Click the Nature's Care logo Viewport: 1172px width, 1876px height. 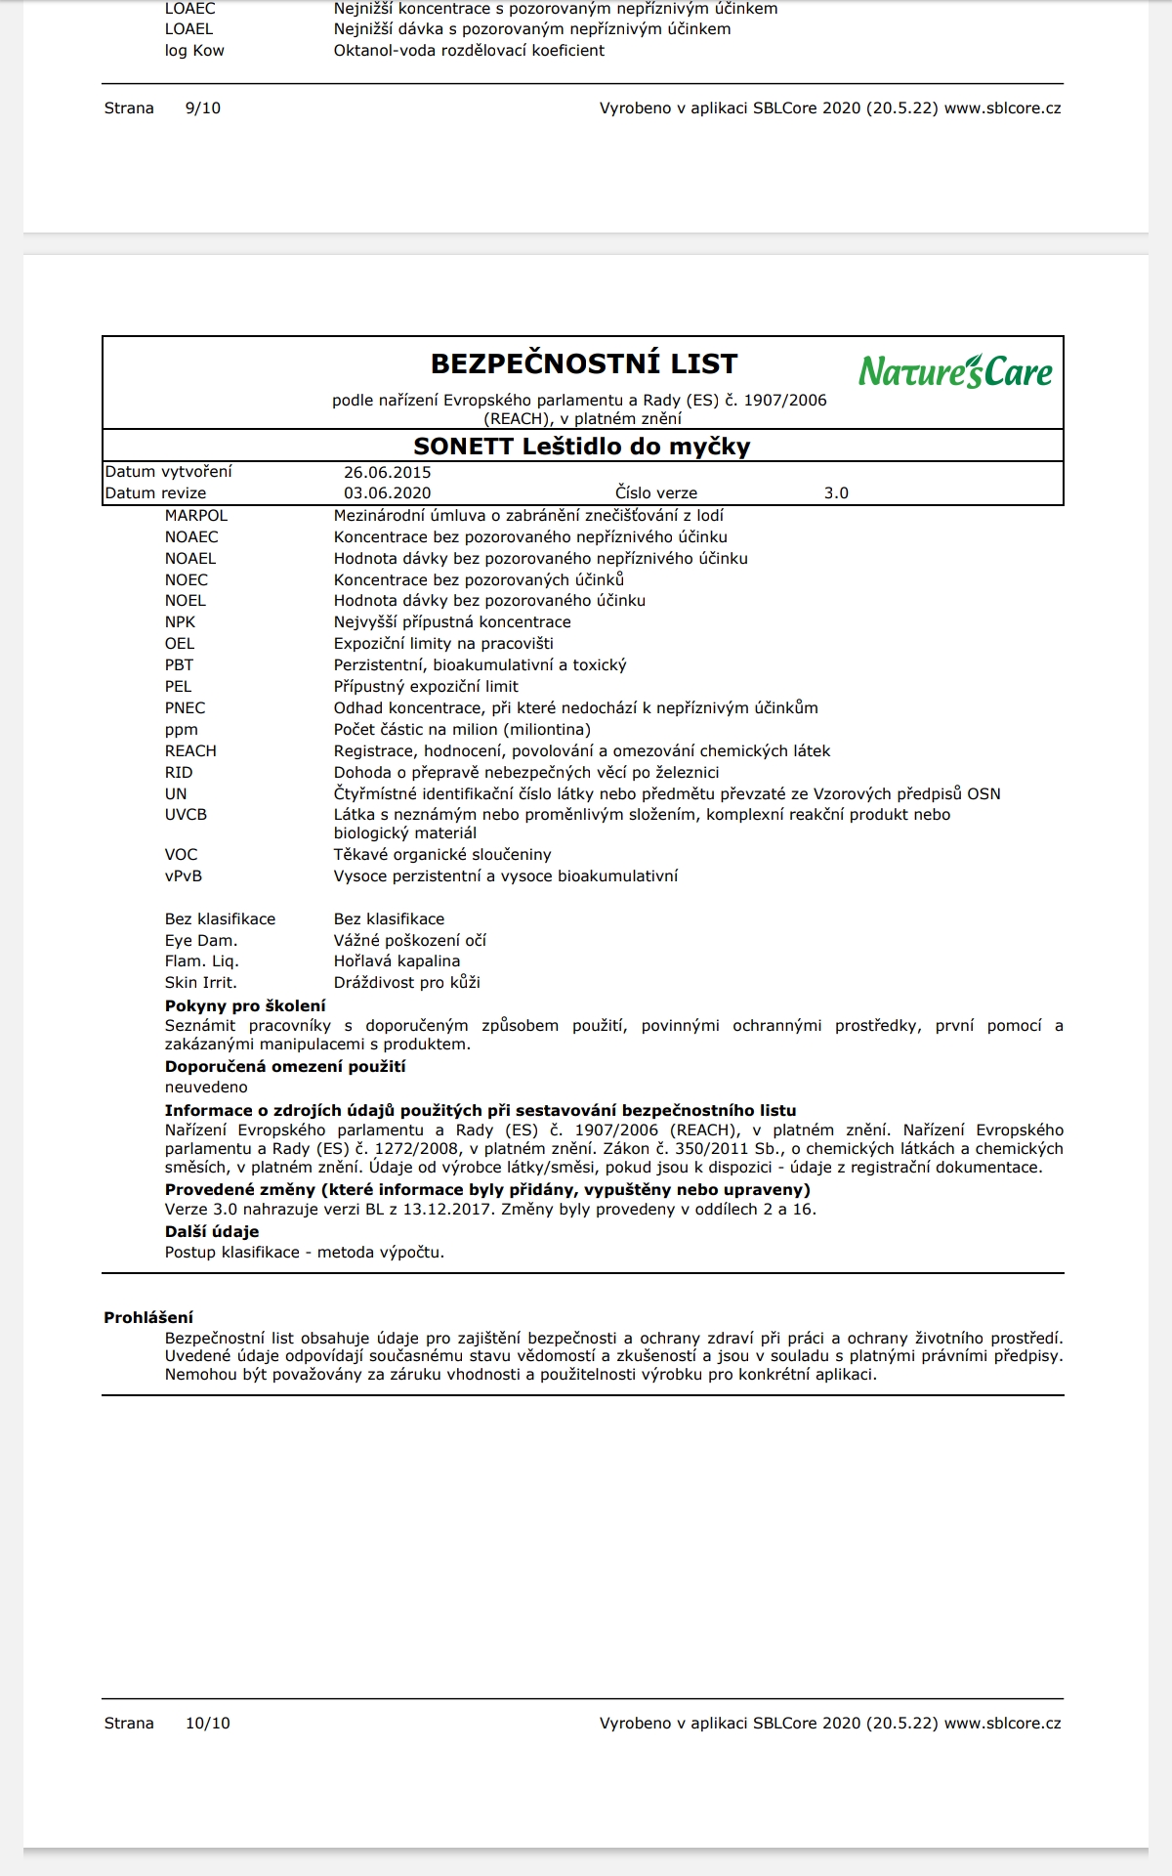pos(955,371)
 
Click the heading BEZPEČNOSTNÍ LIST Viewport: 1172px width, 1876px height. pos(584,363)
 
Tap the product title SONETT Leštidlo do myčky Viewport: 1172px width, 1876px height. pos(582,447)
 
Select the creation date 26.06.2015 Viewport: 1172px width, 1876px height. pos(388,472)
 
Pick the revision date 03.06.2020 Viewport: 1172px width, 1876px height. pos(388,493)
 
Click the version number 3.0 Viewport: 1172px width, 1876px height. pos(836,493)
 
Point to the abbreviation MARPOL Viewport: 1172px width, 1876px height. pos(196,516)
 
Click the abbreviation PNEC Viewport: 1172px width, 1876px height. pos(186,708)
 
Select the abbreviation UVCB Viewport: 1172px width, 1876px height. pos(186,815)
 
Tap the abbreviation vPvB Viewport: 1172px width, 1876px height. pos(184,876)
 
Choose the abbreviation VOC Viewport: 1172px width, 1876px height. pos(181,855)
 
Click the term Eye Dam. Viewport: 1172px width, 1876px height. pos(201,941)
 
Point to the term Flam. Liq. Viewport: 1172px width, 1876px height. pos(201,961)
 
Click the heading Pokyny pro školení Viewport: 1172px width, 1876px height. pos(245,1006)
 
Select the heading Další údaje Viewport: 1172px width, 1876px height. pos(212,1232)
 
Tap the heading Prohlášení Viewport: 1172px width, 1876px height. pos(148,1318)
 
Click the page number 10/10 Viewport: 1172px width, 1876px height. pos(208,1724)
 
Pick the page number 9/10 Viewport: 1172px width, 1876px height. pos(203,108)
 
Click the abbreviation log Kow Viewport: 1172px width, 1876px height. pos(194,51)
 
